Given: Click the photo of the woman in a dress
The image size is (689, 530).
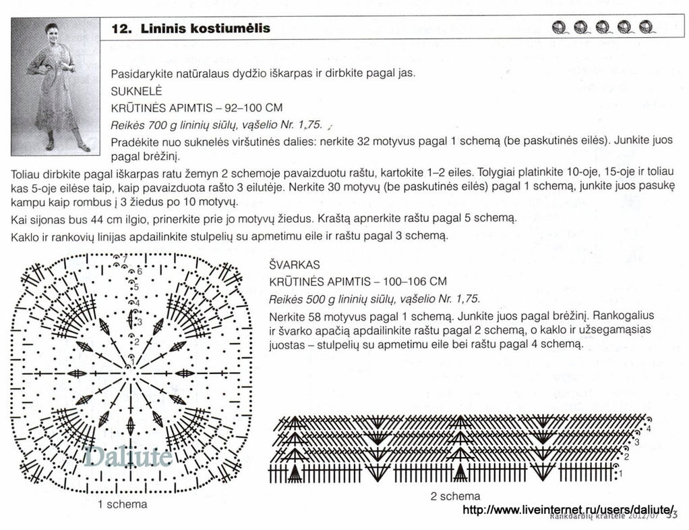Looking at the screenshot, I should pos(55,86).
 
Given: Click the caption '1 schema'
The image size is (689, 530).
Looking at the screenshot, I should pos(122,504).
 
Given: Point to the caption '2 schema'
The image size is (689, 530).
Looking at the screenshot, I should pos(455,496).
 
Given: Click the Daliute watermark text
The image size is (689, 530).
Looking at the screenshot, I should pos(128,457).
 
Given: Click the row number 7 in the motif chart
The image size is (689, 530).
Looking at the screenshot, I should pos(125,259).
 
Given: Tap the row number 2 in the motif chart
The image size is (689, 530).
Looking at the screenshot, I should pos(136,342).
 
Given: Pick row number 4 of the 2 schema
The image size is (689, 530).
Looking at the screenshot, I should pos(649,428).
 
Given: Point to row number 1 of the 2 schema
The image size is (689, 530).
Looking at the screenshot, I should pos(620,474).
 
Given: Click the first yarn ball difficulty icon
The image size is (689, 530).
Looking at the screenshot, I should pos(559,28).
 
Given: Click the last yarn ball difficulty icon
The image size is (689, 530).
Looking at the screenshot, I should pos(647,28).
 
